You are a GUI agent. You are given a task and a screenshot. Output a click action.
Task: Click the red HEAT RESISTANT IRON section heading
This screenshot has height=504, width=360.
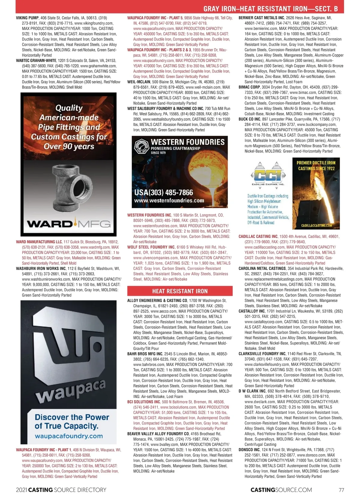180,291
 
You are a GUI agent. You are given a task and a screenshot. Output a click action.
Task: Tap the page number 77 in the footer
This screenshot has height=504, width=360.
341,490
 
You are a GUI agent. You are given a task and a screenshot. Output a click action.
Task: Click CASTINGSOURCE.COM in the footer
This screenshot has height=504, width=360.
281,490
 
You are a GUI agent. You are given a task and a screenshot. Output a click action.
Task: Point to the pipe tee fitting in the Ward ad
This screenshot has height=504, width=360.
69,189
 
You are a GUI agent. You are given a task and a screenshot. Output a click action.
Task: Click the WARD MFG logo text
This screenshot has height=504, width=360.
69,224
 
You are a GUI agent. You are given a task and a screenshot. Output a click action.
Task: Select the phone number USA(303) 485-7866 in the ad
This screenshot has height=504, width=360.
163,192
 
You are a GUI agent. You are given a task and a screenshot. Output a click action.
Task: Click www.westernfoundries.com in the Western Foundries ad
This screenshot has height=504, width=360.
169,201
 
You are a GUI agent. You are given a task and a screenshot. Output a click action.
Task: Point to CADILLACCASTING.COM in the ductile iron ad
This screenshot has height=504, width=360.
316,225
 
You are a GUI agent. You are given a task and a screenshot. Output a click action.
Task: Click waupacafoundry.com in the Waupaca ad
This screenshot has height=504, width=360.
69,436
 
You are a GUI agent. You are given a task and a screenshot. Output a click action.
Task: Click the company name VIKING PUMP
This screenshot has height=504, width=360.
27,18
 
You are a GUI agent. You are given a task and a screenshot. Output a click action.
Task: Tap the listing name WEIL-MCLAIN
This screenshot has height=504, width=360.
139,82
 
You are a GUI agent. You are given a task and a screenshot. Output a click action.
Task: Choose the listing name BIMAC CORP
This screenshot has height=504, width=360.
249,87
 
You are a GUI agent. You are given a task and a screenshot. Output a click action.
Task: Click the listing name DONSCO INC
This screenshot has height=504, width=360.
249,450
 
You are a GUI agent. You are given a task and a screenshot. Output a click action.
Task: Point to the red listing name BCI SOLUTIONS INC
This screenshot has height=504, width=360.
144,402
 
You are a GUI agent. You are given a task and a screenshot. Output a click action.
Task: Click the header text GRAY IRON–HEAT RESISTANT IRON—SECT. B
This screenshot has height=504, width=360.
270,9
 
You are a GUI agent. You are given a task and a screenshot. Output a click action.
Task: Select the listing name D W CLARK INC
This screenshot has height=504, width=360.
252,391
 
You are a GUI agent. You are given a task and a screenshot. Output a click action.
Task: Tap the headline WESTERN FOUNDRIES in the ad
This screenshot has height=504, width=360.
187,142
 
